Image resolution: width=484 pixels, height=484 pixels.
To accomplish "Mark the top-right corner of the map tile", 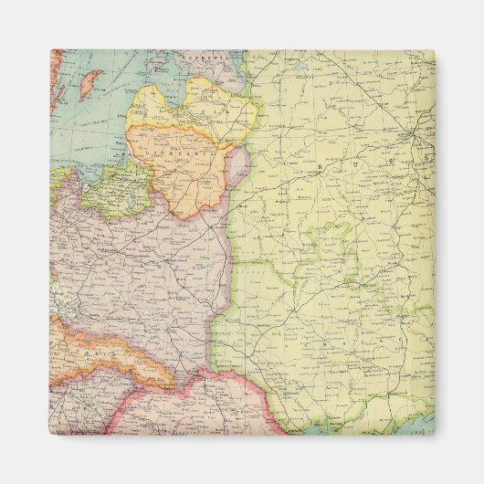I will tap(434, 51).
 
